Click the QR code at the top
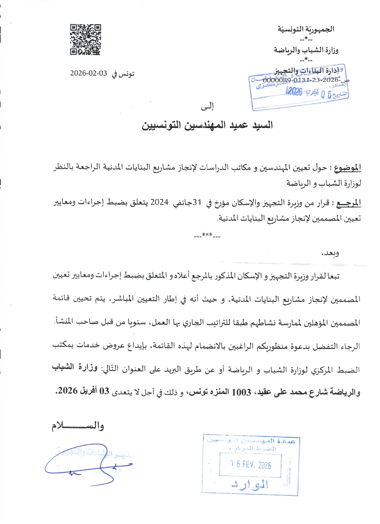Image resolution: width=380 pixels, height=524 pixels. tap(85, 39)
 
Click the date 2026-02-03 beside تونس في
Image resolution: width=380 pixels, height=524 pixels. tap(88, 73)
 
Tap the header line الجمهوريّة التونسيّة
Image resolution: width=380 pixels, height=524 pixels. tap(306, 29)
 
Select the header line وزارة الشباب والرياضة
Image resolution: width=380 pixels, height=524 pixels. tap(306, 50)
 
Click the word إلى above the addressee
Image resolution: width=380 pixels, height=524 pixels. tap(207, 106)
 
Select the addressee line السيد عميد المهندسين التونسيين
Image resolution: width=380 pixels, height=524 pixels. tap(207, 125)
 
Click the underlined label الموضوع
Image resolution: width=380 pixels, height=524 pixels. tap(347, 168)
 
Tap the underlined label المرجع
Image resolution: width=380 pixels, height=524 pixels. tap(348, 203)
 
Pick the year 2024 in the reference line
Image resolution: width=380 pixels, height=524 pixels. tap(159, 202)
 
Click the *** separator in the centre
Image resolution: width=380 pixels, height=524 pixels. tap(207, 236)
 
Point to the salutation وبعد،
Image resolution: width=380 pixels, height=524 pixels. tap(330, 253)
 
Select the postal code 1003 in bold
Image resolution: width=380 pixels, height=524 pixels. tap(241, 392)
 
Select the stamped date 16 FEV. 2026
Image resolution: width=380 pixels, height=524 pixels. tap(251, 465)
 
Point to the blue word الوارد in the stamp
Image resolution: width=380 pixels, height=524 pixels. tap(250, 484)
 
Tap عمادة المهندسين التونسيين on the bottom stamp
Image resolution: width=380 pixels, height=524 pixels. tap(251, 441)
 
